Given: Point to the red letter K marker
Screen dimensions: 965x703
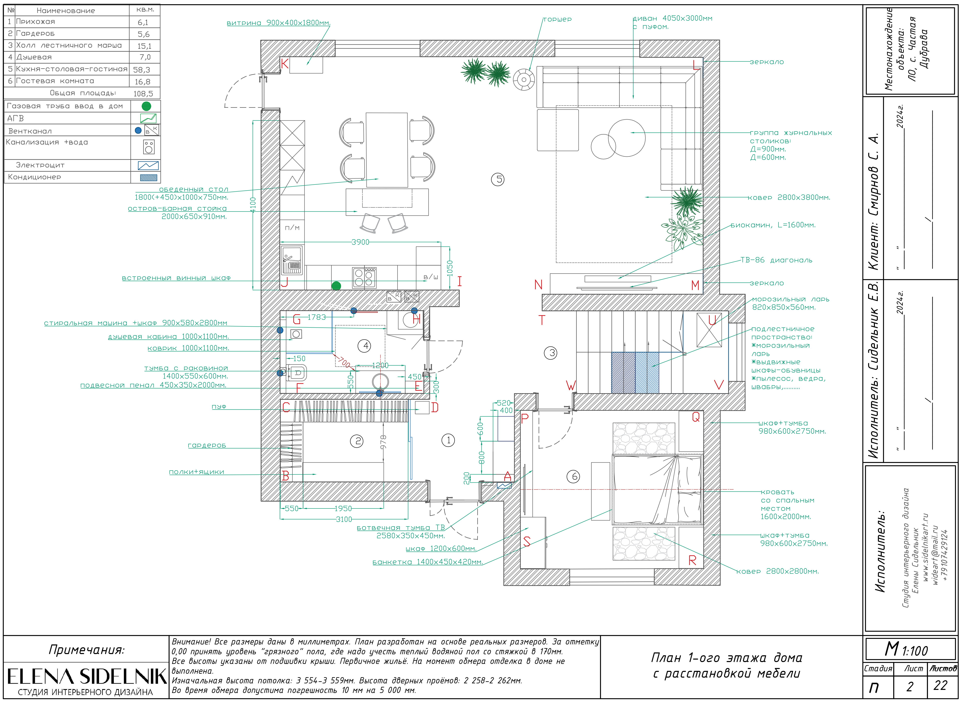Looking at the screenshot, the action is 285,64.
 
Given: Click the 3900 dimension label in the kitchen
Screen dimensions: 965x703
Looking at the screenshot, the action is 360,242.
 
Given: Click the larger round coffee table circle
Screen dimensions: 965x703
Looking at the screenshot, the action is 627,138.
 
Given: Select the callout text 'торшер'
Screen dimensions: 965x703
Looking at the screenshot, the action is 557,19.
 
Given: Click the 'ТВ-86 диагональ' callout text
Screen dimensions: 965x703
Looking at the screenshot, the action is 776,260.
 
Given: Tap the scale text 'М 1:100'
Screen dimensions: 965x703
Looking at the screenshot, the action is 906,650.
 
